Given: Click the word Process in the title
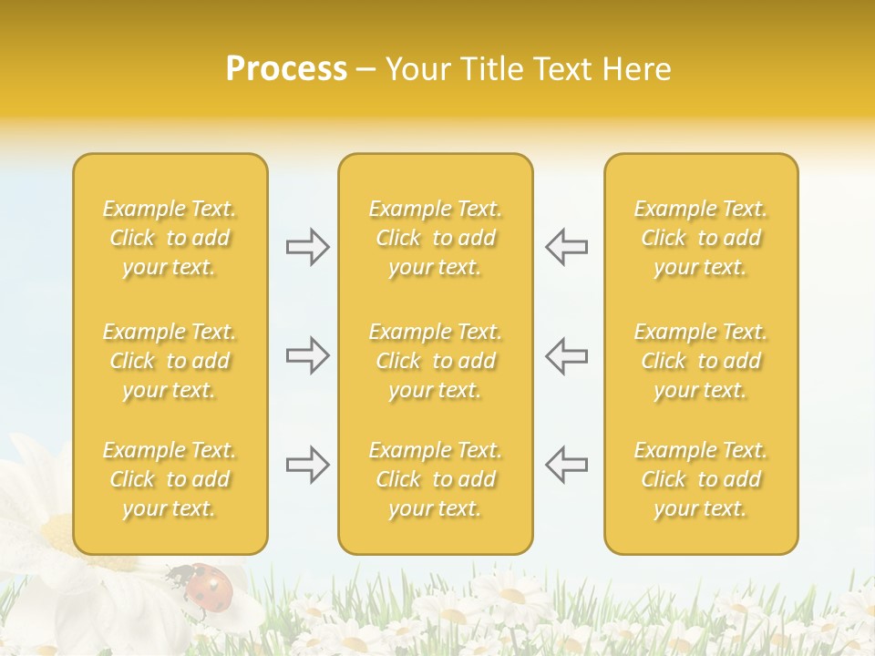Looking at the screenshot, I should coord(286,69).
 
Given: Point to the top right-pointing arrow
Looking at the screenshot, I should coord(307,247).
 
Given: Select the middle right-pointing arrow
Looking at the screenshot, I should coord(307,355).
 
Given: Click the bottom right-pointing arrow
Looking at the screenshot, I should coord(307,466).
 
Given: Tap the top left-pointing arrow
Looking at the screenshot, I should coord(566,247).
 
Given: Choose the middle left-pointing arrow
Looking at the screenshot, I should coord(566,355).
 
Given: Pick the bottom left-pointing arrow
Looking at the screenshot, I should coord(566,464).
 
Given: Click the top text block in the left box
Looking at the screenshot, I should coord(170,238).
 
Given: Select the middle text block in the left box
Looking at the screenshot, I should coord(170,361).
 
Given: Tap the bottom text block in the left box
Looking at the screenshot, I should coord(170,479).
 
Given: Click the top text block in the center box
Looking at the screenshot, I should coord(435,238).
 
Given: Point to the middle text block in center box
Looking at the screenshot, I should coord(435,361).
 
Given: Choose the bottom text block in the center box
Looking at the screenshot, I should coord(435,479).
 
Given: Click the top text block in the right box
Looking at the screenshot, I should coord(700,238).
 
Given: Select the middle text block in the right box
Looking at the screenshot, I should coord(700,361).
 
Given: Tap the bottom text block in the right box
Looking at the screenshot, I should coord(700,479).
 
